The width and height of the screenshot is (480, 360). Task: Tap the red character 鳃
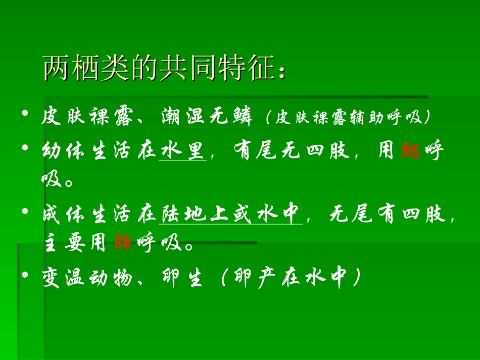(x=410, y=151)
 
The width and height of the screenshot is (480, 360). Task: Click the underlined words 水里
(x=182, y=151)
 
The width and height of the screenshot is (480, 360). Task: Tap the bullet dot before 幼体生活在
(x=25, y=147)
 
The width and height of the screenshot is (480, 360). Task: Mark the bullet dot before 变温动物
(x=25, y=275)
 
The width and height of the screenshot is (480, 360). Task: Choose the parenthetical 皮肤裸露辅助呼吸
(x=348, y=118)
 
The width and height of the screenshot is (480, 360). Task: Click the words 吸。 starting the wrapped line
(x=58, y=180)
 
